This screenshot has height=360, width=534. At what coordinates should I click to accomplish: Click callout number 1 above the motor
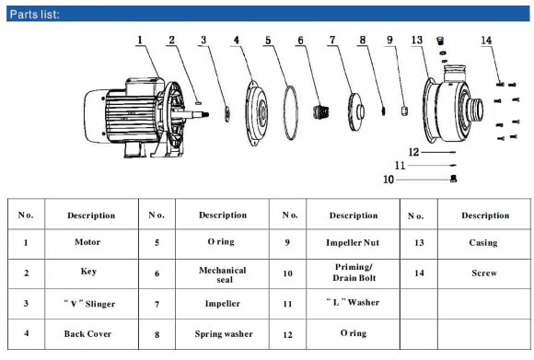pos(141,41)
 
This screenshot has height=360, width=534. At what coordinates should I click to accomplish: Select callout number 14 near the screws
pos(486,41)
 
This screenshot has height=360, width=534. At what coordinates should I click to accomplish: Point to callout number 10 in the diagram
pos(389,180)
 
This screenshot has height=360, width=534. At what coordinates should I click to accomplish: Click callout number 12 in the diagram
pos(413,151)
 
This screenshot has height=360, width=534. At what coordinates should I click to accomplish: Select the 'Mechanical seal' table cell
pos(222,273)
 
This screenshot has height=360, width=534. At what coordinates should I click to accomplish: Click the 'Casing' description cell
pos(482,243)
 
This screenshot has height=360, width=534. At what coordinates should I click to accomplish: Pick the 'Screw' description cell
pos(482,273)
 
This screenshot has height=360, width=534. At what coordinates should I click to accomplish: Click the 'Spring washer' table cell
pos(222,333)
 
